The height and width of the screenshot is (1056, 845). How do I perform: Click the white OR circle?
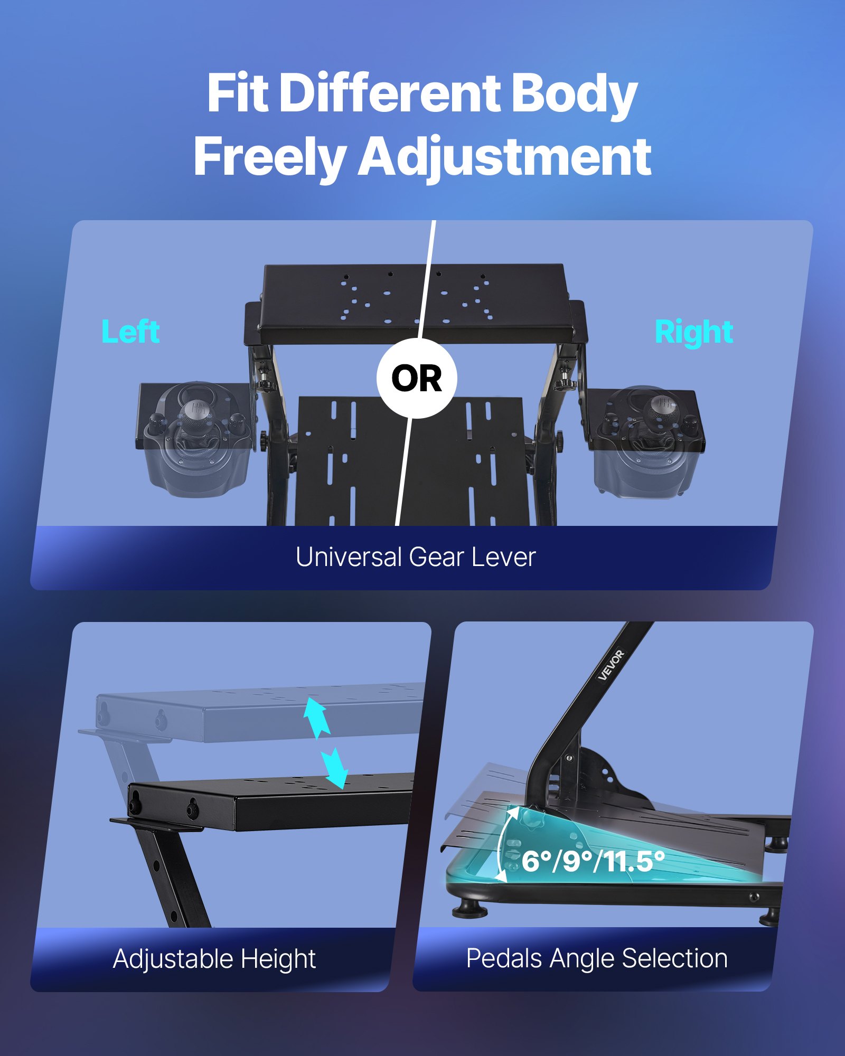pyautogui.click(x=417, y=379)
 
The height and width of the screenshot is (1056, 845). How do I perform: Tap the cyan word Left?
pyautogui.click(x=130, y=332)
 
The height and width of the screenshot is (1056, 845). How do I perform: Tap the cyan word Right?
pyautogui.click(x=693, y=333)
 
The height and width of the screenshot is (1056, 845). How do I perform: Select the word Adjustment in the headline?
pyautogui.click(x=504, y=157)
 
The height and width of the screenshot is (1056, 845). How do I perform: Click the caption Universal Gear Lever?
pyautogui.click(x=416, y=557)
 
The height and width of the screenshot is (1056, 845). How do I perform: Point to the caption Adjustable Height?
pyautogui.click(x=214, y=959)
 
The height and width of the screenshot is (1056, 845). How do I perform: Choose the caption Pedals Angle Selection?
pyautogui.click(x=597, y=958)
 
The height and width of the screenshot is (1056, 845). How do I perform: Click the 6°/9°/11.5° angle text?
pyautogui.click(x=593, y=862)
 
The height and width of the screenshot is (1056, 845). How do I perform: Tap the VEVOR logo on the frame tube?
pyautogui.click(x=611, y=665)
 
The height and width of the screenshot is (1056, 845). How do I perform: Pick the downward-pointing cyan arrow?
pyautogui.click(x=335, y=768)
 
